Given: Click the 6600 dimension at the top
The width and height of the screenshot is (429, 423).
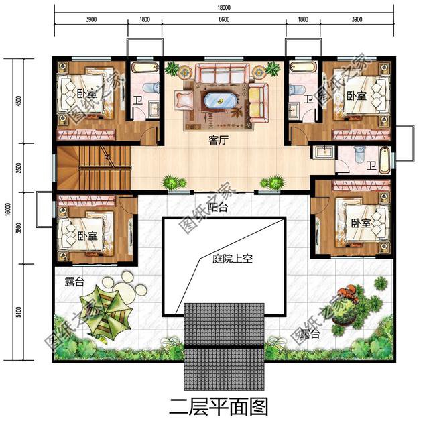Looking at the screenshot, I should point(223,20).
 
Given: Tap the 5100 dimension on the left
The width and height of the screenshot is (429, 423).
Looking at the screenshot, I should point(20,311).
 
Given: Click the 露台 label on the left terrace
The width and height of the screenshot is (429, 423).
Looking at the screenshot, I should point(74,282).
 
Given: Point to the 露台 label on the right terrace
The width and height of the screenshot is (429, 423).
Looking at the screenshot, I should point(310,333).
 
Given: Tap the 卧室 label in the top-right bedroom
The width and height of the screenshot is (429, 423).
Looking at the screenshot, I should point(356,96).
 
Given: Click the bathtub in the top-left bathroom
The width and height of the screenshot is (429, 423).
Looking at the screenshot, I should point(143,68).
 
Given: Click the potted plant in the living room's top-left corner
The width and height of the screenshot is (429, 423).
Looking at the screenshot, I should point(173,68).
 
